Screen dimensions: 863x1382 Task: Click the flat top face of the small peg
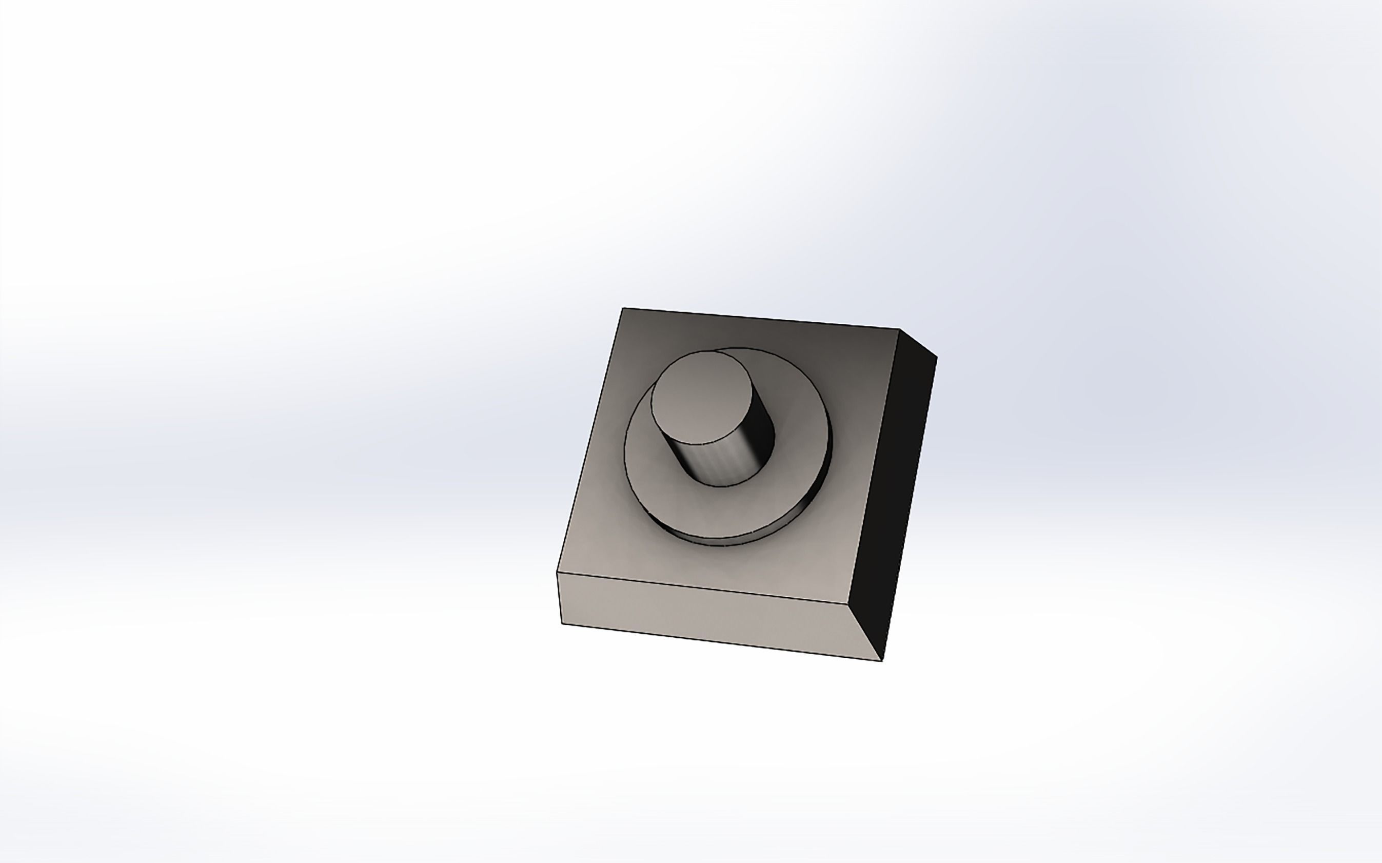[x=701, y=396]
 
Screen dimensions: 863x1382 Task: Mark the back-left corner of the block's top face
[x=623, y=308]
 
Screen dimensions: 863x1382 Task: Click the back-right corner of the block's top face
[x=900, y=329]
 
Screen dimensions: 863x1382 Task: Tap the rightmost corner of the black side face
[x=937, y=358]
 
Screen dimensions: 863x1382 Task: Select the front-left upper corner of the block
[x=558, y=572]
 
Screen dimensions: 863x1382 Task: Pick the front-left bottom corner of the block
[x=563, y=623]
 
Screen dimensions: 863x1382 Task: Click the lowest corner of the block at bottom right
[x=882, y=661]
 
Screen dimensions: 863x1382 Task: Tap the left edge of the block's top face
[x=590, y=440]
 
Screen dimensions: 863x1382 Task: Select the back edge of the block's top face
[x=761, y=319]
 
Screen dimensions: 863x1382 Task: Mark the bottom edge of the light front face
[x=722, y=642]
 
